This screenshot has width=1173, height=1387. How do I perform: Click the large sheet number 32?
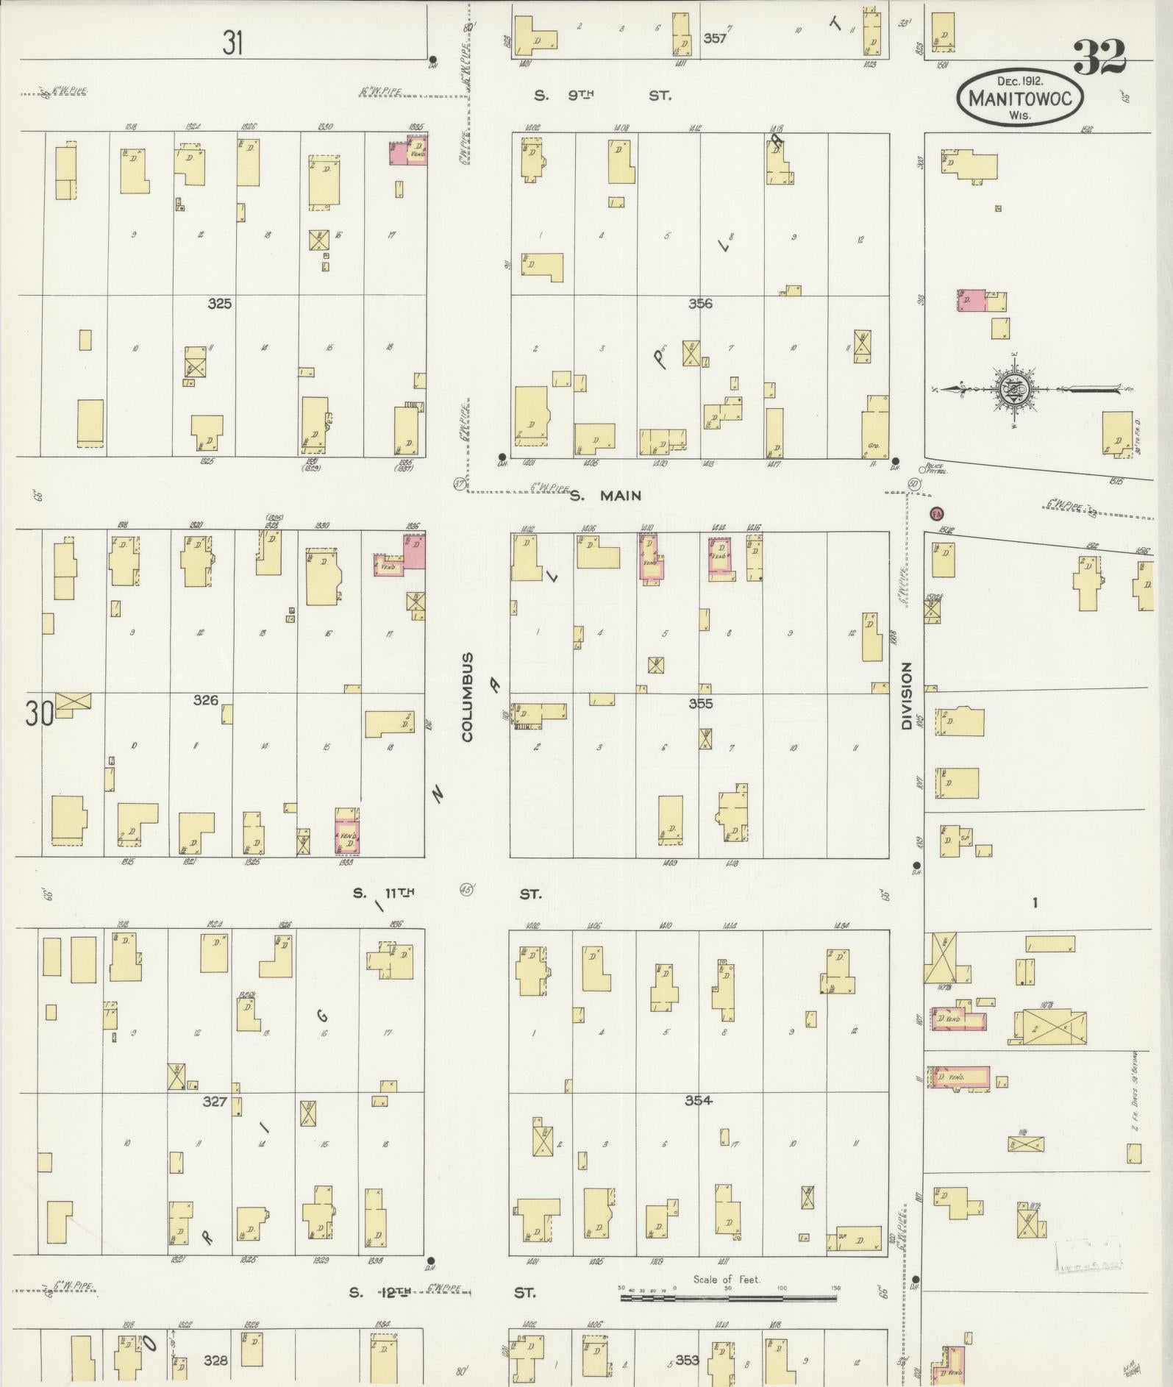coord(1099,57)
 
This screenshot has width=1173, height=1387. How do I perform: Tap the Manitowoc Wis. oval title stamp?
coord(1019,97)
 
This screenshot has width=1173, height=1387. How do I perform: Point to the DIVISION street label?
coord(906,695)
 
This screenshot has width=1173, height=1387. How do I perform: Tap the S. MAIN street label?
coord(606,496)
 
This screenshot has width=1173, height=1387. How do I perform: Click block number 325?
coord(219,303)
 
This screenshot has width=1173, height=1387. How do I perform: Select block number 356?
coord(700,303)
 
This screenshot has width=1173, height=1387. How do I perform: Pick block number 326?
coord(205,699)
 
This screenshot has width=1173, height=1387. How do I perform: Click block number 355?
coord(701,703)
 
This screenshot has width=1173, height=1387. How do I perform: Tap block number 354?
coord(698,1100)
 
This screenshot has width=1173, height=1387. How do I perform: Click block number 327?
coord(215,1102)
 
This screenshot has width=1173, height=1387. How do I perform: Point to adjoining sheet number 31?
coord(232,43)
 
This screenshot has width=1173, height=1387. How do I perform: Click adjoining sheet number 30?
coord(38,713)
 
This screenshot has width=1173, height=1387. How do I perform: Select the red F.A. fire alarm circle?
coord(937,513)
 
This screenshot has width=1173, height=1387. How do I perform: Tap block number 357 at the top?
coord(714,38)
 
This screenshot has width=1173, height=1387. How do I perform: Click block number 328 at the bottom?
coord(215,1361)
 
